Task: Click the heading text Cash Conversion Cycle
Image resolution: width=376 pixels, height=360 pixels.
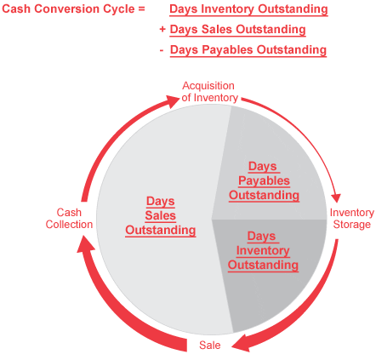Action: click(68, 9)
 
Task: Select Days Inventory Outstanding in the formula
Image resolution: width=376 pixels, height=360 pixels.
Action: click(248, 9)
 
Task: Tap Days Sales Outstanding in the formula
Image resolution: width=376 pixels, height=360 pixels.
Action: click(237, 30)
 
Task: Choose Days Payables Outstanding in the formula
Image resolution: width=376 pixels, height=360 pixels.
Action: click(248, 50)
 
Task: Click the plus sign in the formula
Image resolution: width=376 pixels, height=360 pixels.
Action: click(162, 29)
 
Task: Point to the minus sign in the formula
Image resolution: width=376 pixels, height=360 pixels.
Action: click(162, 50)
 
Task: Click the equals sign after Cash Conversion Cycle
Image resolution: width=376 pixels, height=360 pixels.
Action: click(141, 9)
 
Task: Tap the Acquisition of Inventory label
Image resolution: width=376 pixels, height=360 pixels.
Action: click(210, 92)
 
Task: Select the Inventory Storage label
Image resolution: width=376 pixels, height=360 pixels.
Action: click(351, 219)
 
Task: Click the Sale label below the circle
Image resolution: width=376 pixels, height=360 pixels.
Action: click(210, 346)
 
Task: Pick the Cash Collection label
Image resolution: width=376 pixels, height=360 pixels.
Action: click(69, 219)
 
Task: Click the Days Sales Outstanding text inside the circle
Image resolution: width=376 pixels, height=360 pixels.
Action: click(161, 215)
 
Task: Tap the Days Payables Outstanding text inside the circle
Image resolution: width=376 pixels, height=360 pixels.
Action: click(264, 180)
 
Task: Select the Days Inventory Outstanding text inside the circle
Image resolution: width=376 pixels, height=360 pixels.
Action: click(263, 250)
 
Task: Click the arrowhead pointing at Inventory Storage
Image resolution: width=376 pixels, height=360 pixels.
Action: click(336, 198)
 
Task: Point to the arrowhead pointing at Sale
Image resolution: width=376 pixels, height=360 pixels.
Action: click(241, 342)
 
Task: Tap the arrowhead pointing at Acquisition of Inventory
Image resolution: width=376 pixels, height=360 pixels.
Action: click(173, 101)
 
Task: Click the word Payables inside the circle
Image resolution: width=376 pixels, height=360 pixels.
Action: click(264, 181)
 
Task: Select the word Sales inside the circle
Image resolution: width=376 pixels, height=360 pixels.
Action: click(161, 215)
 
